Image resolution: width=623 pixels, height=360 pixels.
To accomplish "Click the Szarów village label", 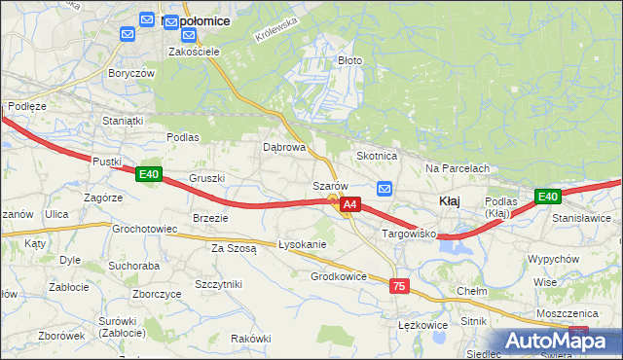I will [x=330, y=186].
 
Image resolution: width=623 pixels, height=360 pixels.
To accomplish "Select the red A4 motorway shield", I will [x=351, y=204].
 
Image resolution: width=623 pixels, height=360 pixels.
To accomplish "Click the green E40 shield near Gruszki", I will [x=148, y=174].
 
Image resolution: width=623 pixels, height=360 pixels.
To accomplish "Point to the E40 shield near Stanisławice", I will [x=548, y=197].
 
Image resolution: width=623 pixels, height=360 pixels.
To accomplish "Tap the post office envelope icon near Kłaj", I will [x=385, y=189].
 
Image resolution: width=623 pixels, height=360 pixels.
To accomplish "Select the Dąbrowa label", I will [x=284, y=148].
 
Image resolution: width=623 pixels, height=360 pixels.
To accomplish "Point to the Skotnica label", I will [x=377, y=156].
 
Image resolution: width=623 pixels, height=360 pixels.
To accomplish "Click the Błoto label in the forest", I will [x=349, y=60].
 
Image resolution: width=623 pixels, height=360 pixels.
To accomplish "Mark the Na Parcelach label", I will [x=457, y=168].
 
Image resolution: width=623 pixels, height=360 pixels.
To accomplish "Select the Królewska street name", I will [x=274, y=35].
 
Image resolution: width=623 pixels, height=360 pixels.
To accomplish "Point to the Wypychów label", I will [x=553, y=260].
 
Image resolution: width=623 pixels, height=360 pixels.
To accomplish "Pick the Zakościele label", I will [x=191, y=52].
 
